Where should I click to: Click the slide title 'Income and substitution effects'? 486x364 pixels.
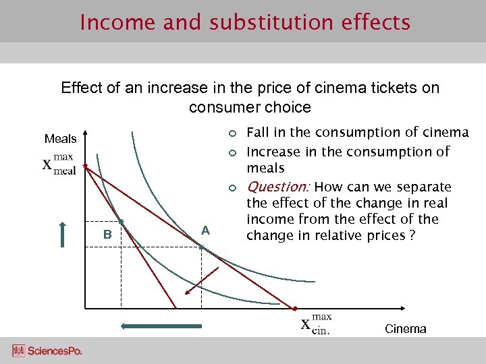(x=244, y=22)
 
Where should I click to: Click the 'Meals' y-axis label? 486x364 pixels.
(x=60, y=139)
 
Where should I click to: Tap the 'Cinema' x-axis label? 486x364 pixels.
(x=405, y=329)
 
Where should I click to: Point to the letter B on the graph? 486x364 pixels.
(x=107, y=235)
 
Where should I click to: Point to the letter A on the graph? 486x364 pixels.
(x=206, y=231)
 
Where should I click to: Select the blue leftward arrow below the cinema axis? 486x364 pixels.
(x=161, y=326)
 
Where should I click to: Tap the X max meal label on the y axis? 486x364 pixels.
(x=59, y=164)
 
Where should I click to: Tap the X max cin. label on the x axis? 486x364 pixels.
(x=316, y=324)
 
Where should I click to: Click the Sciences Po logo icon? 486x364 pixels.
(x=18, y=351)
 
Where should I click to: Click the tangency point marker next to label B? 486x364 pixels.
(x=121, y=221)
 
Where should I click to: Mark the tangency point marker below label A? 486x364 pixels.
(x=201, y=247)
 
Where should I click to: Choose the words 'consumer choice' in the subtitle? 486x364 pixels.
(x=250, y=107)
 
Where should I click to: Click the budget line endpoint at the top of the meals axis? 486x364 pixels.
(x=84, y=164)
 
